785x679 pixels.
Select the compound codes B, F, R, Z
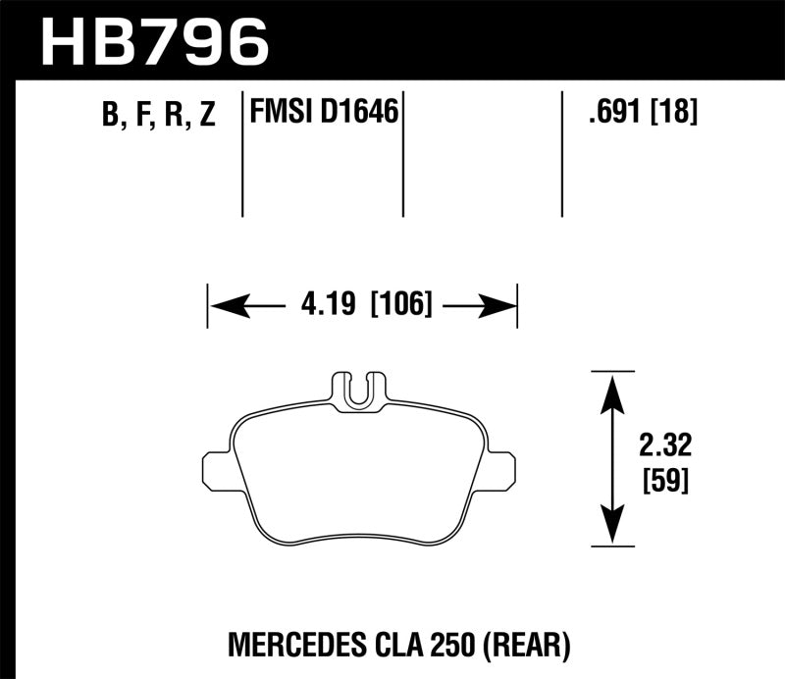tap(158, 117)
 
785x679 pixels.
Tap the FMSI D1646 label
tap(324, 115)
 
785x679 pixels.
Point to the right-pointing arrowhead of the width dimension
tap(500, 307)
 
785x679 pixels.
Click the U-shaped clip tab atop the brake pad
tap(360, 391)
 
